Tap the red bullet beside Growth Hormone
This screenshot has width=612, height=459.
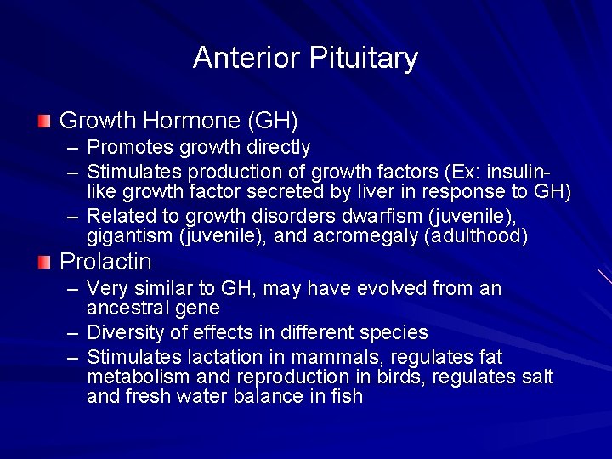point(44,121)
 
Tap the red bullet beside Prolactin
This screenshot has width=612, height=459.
point(44,262)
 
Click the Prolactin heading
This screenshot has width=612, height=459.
point(105,262)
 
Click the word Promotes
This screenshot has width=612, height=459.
point(126,148)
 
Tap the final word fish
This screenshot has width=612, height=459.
point(347,396)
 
